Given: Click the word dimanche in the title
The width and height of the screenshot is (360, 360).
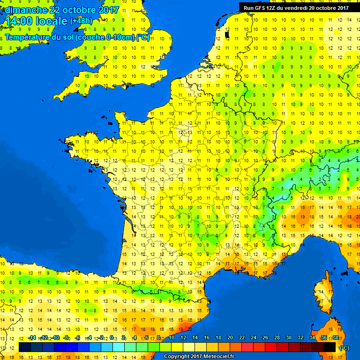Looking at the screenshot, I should [x=26, y=10].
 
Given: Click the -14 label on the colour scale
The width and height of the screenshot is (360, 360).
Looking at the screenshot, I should [x=32, y=338].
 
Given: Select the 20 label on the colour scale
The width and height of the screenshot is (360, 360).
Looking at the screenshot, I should [x=230, y=338].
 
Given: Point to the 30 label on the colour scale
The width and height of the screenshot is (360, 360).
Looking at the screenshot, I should [x=288, y=338].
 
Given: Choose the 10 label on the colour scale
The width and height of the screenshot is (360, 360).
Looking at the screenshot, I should [x=172, y=338].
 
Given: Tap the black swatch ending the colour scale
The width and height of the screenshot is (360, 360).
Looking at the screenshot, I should [x=330, y=347].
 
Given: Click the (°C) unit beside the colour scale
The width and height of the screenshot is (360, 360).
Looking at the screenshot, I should [x=344, y=347].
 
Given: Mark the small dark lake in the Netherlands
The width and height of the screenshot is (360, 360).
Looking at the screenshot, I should [x=227, y=34].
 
